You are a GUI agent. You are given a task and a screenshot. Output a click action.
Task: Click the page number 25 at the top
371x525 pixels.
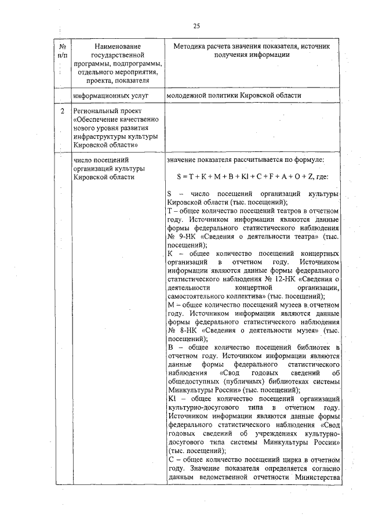[x=197, y=26]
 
